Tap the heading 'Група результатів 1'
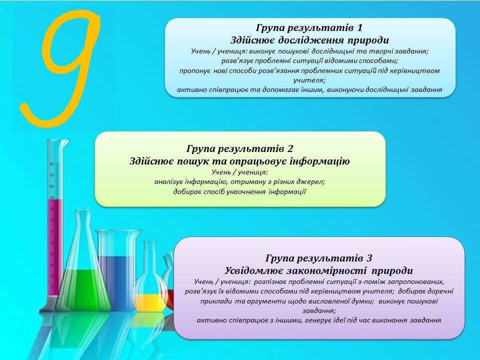tap(309, 28)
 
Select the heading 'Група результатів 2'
tap(239, 149)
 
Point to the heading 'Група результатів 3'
tap(319, 258)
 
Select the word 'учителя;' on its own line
tap(309, 80)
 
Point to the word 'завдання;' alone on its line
tap(319, 310)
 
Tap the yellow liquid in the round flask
tap(150, 301)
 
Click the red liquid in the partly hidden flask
tap(170, 298)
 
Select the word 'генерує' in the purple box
tap(308, 320)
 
